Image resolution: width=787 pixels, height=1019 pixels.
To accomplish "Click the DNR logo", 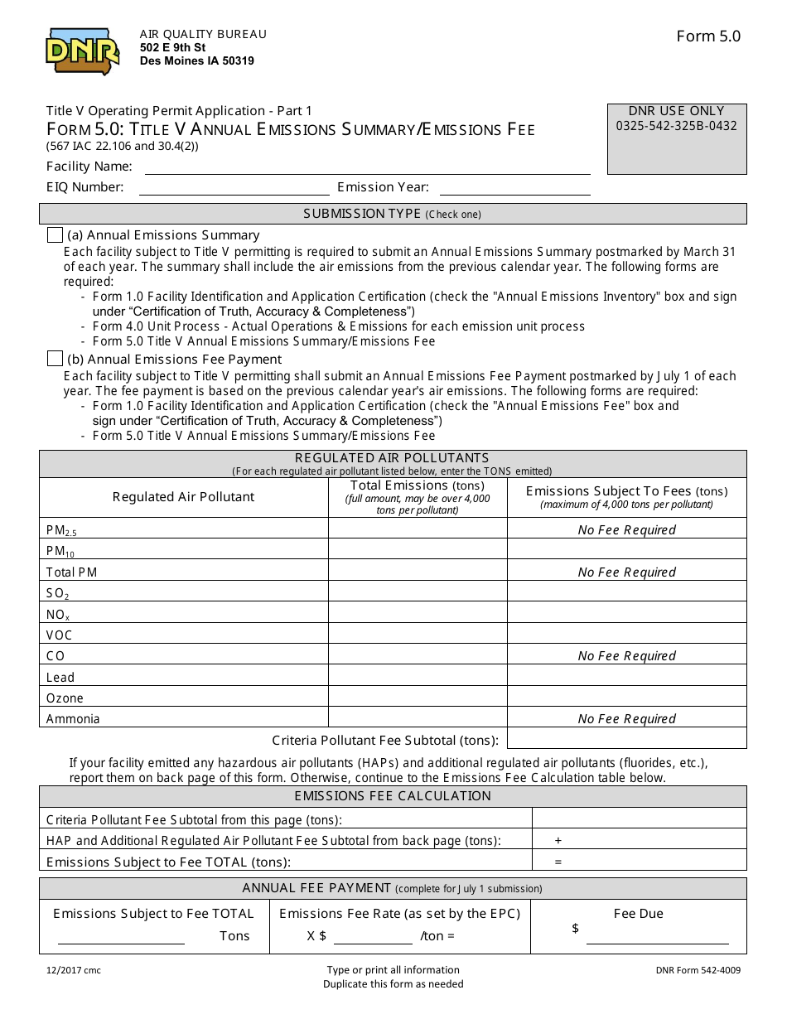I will coord(82,51).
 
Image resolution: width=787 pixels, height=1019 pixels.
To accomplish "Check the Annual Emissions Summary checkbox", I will coord(55,235).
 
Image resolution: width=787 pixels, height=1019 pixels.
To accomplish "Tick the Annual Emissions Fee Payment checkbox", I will coord(55,359).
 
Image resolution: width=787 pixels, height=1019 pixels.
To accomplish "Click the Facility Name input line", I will coord(367,167).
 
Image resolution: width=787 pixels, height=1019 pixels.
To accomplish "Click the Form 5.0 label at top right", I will coord(708,36).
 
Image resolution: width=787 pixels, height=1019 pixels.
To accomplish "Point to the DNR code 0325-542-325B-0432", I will coord(676,127).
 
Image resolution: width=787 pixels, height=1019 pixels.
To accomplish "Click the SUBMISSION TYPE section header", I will coord(393,215).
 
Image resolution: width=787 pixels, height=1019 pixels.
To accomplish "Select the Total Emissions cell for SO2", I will coord(418,593).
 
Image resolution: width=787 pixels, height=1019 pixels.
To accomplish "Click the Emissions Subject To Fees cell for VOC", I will coord(626,635).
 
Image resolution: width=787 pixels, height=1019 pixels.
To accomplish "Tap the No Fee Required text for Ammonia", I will coord(626,719).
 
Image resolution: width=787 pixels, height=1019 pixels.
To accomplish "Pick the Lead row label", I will coord(60,678).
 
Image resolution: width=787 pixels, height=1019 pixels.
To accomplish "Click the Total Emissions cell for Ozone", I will coord(418,698).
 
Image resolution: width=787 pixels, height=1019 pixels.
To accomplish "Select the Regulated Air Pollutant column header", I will coord(184,497).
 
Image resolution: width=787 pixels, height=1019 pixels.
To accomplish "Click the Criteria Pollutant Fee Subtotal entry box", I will coord(626,739).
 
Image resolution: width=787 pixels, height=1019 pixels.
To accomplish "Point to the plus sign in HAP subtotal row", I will coord(558,840).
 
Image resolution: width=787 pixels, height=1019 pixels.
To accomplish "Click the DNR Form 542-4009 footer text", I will coord(698,970).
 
